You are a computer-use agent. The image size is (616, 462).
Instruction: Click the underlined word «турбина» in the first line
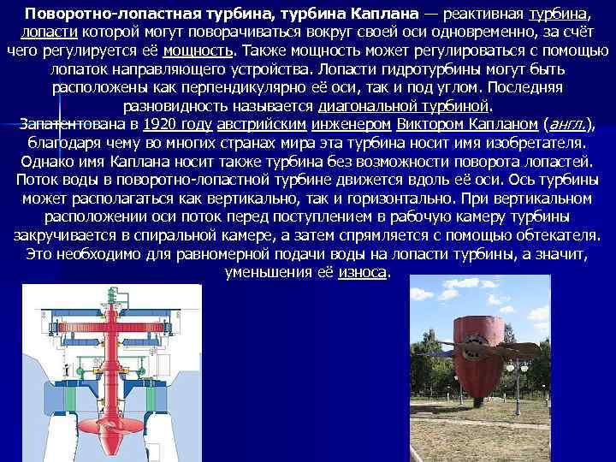(559, 15)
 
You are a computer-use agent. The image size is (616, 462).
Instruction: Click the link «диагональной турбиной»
(405, 106)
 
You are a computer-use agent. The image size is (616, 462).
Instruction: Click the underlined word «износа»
(363, 272)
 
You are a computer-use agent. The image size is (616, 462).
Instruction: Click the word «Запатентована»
(73, 124)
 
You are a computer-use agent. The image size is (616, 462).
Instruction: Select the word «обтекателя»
(555, 235)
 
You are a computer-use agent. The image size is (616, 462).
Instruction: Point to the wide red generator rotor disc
(109, 331)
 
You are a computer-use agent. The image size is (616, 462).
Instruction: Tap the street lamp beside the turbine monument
(518, 381)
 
